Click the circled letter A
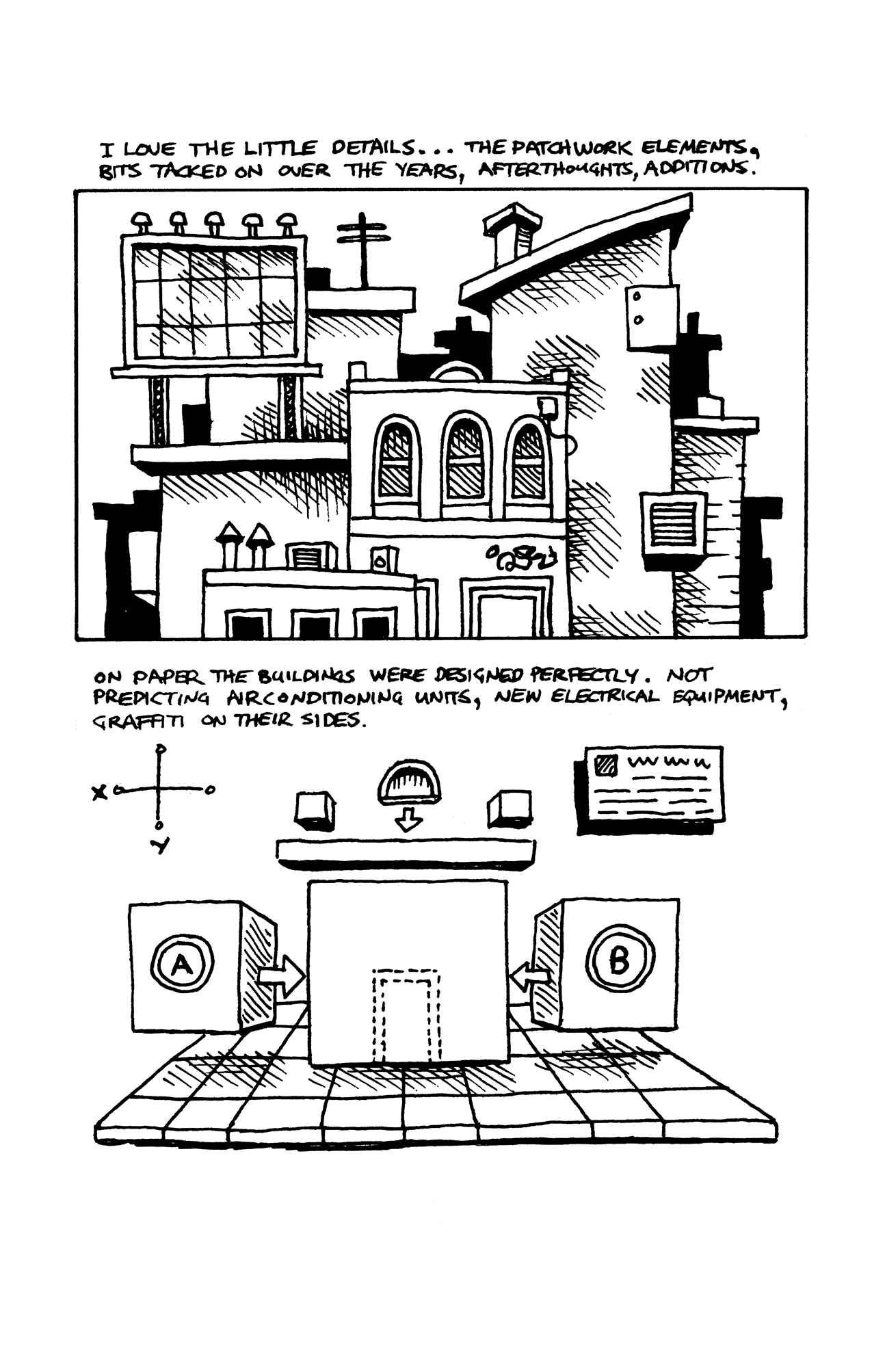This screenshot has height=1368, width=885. coord(181,965)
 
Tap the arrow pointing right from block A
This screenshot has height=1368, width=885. coord(281,978)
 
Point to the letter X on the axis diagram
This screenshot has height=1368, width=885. coord(100,792)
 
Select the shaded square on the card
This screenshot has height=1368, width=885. coord(606,764)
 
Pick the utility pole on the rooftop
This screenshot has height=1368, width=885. coord(365,250)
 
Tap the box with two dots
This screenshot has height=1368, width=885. coord(651,316)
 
